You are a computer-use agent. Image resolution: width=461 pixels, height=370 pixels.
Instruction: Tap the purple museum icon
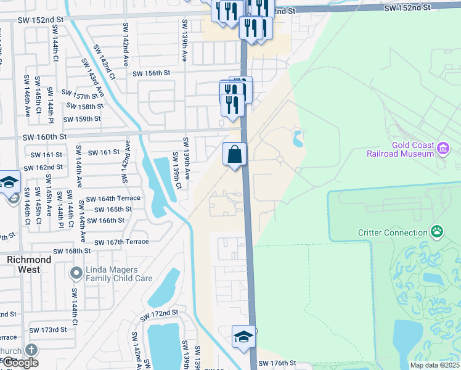(443, 148)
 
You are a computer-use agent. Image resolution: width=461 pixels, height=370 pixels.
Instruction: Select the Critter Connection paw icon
(437, 232)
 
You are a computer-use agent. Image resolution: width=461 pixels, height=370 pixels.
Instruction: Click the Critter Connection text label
(393, 232)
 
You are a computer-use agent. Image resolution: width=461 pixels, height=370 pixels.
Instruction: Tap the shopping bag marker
(235, 154)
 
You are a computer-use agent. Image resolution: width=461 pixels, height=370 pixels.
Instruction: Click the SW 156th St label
(151, 73)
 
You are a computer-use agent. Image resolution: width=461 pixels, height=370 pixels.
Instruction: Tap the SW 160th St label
(44, 137)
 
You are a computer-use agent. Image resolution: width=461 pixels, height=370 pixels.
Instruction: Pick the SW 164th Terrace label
(113, 199)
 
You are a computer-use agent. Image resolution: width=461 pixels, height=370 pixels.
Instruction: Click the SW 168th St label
(71, 251)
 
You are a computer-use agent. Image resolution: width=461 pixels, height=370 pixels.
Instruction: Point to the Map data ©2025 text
(434, 365)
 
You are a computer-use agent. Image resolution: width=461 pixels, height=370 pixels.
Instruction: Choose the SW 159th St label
(82, 119)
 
